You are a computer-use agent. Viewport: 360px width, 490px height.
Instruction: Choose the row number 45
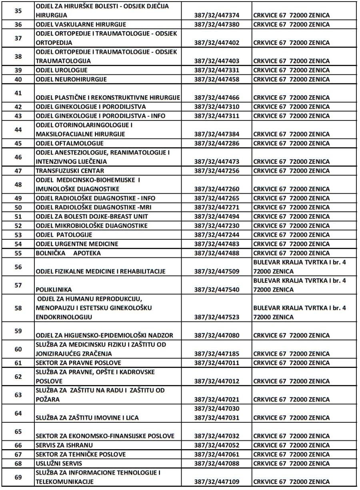(18, 143)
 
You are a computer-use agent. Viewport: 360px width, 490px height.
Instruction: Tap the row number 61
(18, 363)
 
